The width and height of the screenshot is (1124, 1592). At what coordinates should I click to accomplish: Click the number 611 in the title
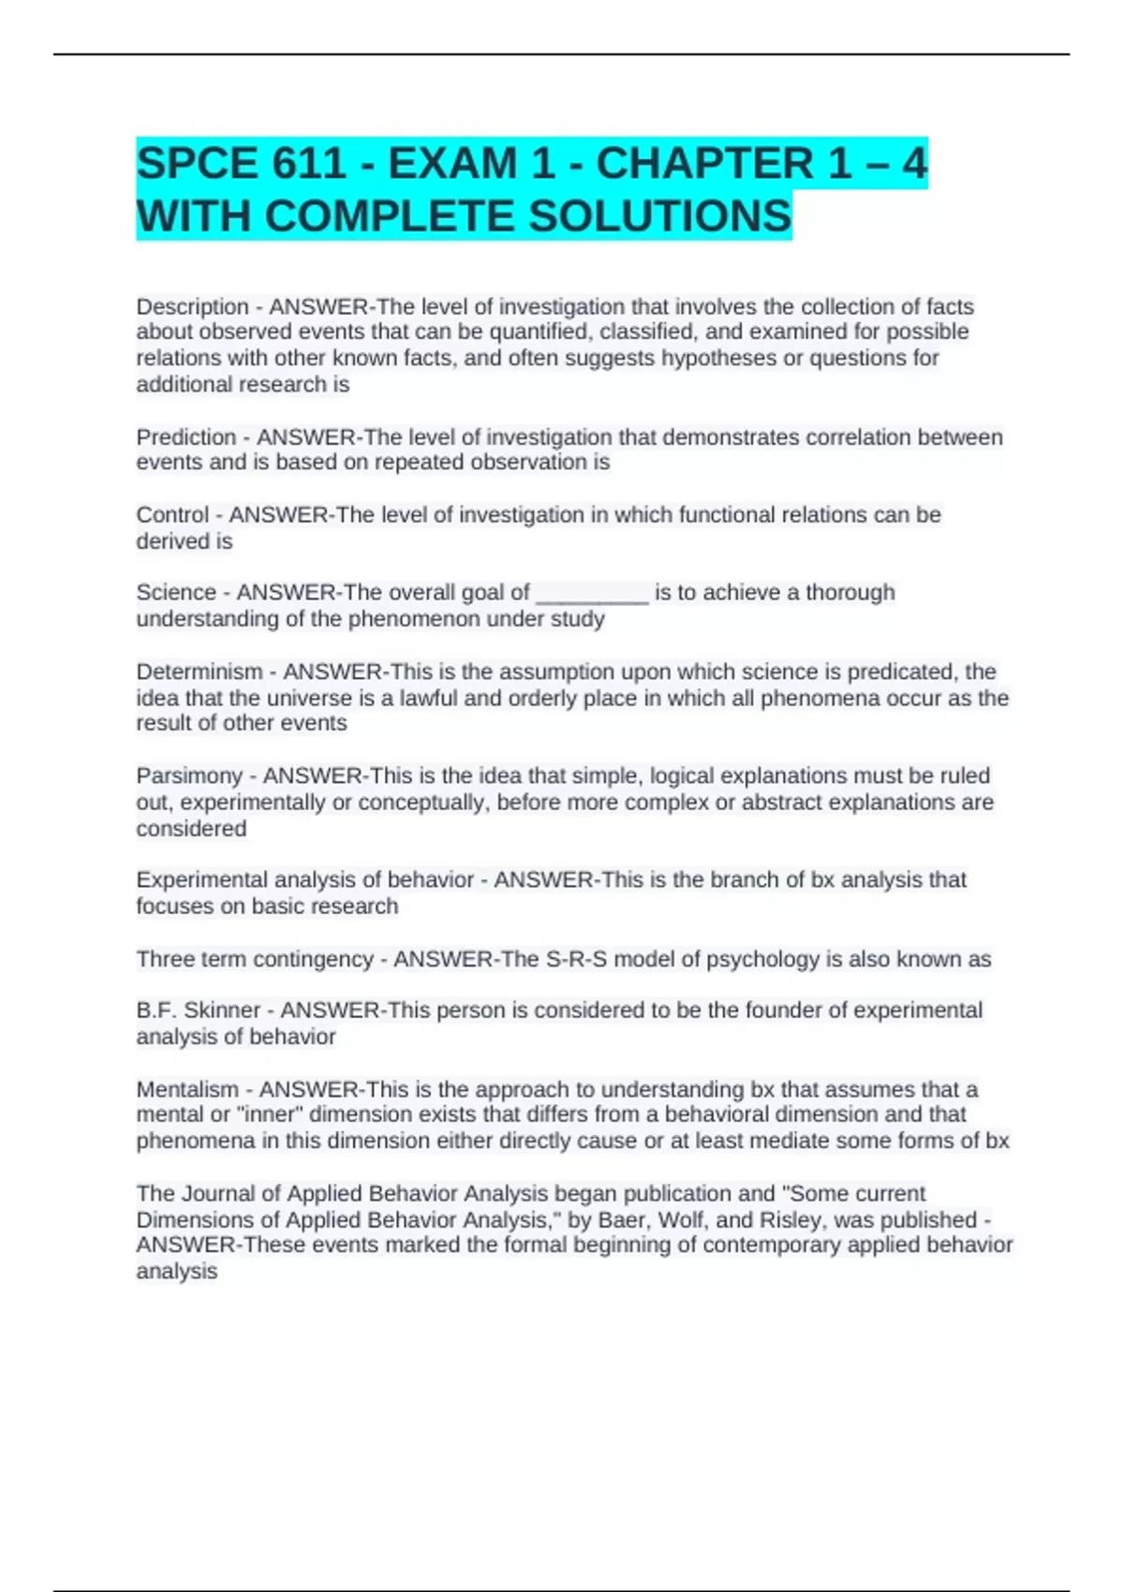[x=309, y=164]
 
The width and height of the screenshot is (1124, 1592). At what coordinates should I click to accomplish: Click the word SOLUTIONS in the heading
[x=660, y=216]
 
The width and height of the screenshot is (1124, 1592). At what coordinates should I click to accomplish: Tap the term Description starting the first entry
[x=192, y=306]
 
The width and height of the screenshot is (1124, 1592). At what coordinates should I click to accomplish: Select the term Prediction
[x=186, y=437]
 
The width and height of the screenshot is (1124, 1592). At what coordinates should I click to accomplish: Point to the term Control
[x=172, y=515]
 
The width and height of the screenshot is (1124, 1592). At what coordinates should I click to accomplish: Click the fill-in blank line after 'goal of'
[x=592, y=596]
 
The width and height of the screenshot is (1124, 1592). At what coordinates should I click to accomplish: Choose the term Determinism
[x=200, y=671]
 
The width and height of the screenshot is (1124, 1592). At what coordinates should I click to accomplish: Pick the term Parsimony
[x=189, y=775]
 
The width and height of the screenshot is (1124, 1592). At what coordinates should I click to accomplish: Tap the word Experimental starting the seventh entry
[x=198, y=879]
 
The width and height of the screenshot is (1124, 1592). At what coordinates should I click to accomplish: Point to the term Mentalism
[x=187, y=1089]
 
